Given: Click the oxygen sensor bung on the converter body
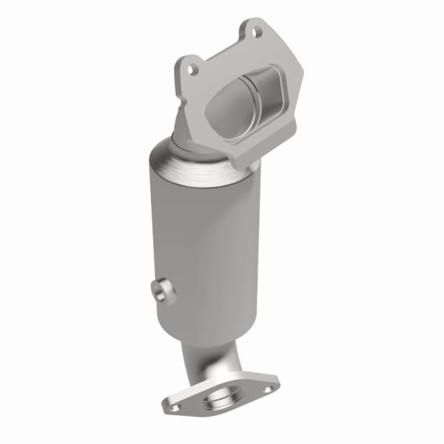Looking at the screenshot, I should (162, 289).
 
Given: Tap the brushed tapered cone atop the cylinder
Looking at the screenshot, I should (189, 159).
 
